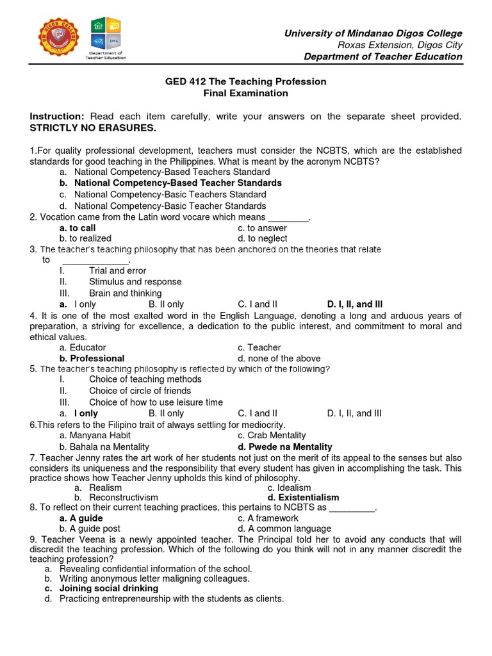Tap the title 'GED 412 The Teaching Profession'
(246, 81)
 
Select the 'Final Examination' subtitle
(246, 93)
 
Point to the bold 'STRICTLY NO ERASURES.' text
(93, 127)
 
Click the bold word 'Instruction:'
(57, 116)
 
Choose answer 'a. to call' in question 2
(78, 228)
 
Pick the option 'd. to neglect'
(262, 239)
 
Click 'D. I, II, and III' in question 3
(355, 304)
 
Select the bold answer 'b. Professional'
(92, 358)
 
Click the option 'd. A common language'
(284, 529)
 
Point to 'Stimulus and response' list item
(135, 281)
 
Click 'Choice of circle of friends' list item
(140, 391)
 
